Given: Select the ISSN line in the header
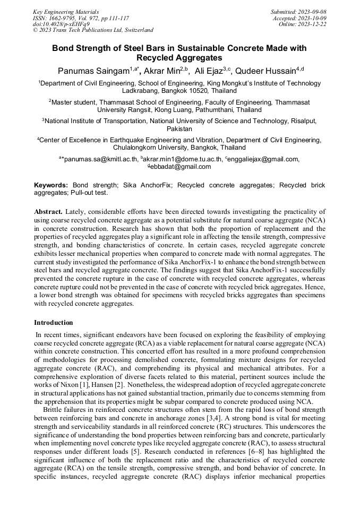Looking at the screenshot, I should pos(80,18).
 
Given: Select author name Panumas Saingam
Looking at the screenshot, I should pos(92,71).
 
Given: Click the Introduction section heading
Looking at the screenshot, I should pos(54,322).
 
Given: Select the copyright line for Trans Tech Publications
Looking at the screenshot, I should pos(93,30).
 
